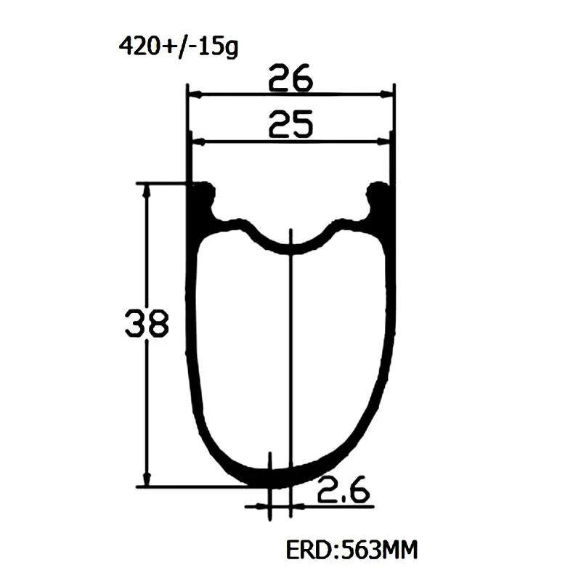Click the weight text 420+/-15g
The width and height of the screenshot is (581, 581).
178,47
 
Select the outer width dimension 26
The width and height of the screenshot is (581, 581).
291,78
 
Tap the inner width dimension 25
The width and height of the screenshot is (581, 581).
291,124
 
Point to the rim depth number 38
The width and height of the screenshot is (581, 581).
147,323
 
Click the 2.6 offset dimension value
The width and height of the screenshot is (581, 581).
344,489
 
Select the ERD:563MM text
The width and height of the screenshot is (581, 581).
352,550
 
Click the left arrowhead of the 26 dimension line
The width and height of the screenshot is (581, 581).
195,95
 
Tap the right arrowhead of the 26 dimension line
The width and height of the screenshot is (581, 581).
386,95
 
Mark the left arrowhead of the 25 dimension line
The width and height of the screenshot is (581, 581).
198,142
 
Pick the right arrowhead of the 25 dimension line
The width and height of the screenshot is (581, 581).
383,142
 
